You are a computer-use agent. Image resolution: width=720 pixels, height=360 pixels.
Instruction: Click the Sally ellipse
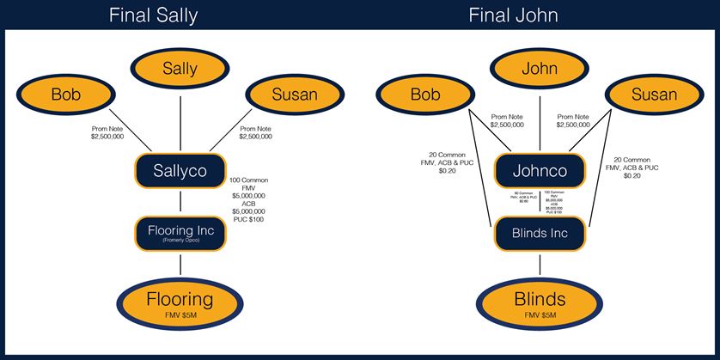[180, 69]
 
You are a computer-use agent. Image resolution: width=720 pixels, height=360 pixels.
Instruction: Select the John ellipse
[540, 69]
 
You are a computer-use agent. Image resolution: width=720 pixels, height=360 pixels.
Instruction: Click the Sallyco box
[180, 170]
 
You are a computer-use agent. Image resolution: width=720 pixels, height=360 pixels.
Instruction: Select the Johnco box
[540, 170]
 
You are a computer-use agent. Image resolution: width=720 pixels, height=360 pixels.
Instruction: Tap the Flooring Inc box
[180, 232]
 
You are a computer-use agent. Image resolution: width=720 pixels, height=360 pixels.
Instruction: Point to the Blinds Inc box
[540, 233]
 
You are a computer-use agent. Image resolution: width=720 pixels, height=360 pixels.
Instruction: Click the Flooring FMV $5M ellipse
[180, 303]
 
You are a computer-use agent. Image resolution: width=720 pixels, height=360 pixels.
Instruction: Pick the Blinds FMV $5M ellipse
[540, 303]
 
